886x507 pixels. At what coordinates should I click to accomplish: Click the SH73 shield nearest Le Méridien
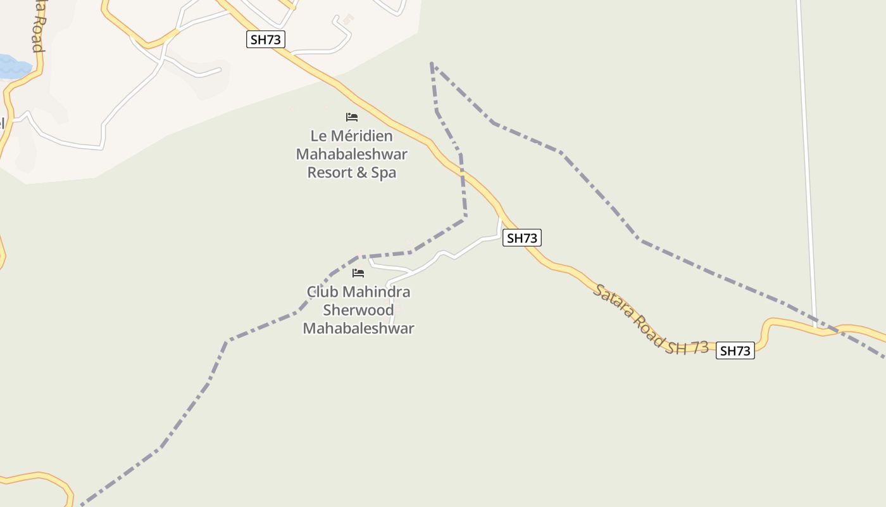tap(265, 39)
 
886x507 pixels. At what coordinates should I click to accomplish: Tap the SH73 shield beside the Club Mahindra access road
tap(522, 238)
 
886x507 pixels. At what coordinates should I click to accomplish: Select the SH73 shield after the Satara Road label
tap(735, 350)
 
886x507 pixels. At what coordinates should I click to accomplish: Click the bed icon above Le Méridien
tap(352, 117)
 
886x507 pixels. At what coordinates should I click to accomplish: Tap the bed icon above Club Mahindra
tap(358, 273)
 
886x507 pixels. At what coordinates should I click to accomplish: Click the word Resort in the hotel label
tap(328, 172)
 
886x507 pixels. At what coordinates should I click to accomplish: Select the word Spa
tap(384, 172)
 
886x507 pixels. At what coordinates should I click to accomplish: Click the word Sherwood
tap(358, 310)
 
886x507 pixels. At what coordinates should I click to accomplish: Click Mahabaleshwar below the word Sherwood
tap(358, 328)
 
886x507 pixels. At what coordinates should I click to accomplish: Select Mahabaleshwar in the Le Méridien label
tap(352, 154)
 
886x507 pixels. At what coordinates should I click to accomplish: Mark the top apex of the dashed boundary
tap(432, 63)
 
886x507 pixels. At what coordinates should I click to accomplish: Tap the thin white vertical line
tap(806, 158)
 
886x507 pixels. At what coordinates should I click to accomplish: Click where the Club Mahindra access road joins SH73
tap(500, 219)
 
